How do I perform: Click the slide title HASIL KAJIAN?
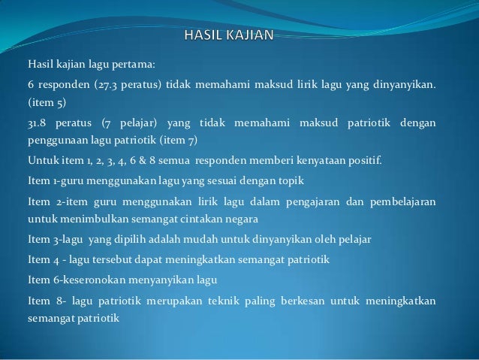[229, 33]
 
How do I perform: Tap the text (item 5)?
[46, 101]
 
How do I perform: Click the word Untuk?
[41, 160]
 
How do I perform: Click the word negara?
[242, 219]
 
